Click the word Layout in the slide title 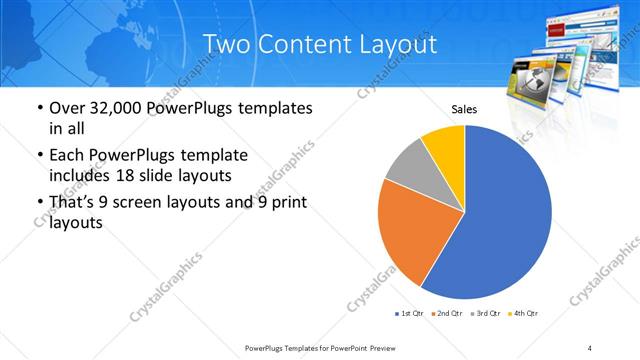pos(399,45)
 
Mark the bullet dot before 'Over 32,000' pos(38,108)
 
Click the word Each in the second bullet pos(68,156)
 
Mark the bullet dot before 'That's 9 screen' pos(38,204)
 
